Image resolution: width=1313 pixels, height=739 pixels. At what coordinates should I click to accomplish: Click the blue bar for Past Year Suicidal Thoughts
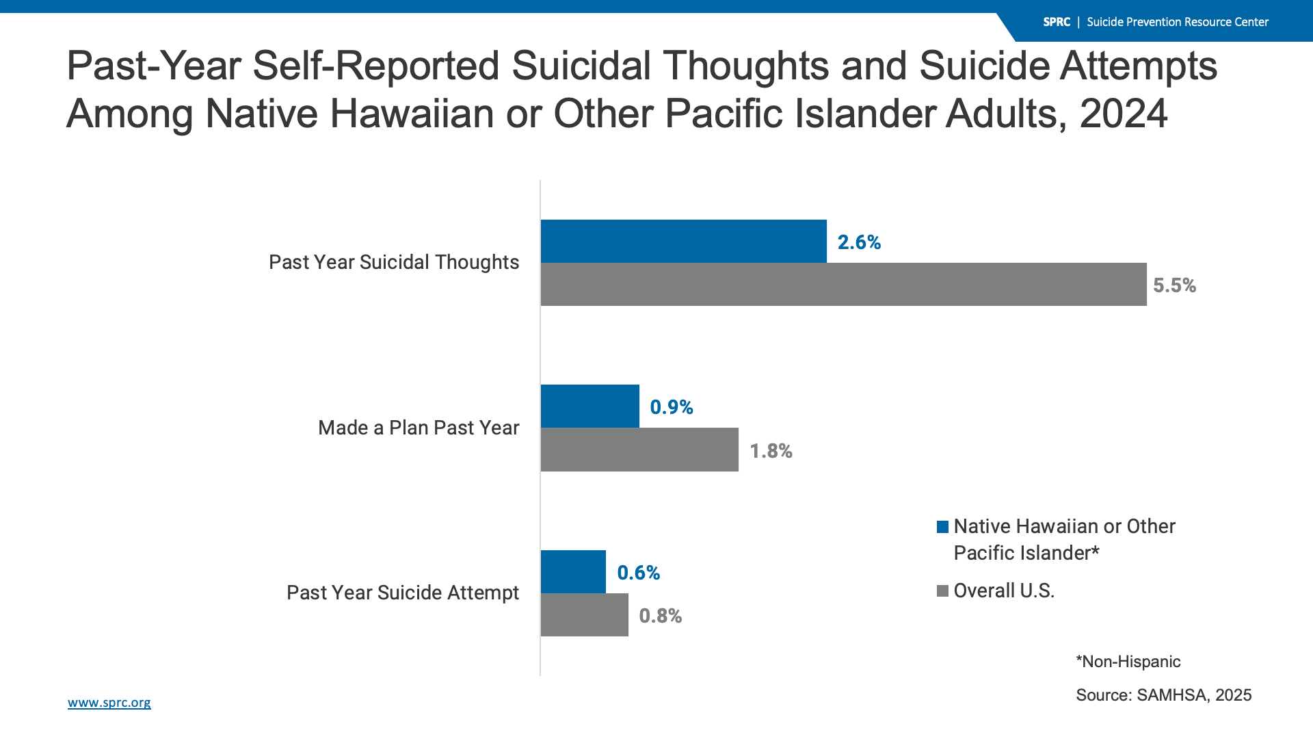coord(683,241)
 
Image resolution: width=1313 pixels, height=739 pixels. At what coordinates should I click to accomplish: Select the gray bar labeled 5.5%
coord(843,284)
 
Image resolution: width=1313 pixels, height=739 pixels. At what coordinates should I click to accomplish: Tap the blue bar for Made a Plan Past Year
coord(589,406)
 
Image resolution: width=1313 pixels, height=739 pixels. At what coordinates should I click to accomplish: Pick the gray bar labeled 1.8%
coord(639,450)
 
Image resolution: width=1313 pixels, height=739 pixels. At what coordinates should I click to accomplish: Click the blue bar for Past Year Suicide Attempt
coord(573,571)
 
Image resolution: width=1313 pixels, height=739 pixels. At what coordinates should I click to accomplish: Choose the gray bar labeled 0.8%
coord(584,614)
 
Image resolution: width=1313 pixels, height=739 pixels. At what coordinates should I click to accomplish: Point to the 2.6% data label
coord(859,242)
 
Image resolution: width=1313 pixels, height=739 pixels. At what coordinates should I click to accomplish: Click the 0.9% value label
coord(672,407)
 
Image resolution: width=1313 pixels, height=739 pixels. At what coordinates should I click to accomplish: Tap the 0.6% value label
coord(638,573)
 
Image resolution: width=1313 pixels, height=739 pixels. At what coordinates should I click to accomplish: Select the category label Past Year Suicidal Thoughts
coord(394,262)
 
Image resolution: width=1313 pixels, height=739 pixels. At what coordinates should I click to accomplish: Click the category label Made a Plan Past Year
coord(419,428)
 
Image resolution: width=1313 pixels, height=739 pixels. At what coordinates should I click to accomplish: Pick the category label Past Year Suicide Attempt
coord(403,593)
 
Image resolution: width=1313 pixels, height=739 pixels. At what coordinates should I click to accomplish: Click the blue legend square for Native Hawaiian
coord(942,527)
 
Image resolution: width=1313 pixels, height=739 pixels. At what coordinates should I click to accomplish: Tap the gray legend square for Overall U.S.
coord(942,591)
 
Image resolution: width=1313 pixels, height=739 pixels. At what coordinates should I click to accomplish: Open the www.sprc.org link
coord(109,703)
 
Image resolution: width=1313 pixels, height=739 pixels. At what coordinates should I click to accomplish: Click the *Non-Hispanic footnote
coord(1128,662)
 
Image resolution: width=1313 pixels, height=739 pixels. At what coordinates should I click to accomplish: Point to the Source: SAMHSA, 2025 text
coord(1163,695)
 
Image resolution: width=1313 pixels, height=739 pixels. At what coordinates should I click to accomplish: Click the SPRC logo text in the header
coord(1057,22)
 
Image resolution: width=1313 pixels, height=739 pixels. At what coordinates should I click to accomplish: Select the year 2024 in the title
coord(1124,114)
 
